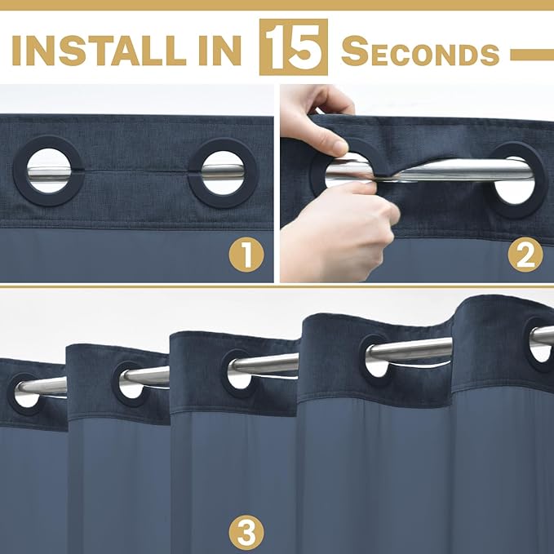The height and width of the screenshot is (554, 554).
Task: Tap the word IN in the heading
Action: point(220,51)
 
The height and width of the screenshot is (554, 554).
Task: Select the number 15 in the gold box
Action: point(293,47)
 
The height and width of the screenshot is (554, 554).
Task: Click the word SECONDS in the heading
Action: point(420,51)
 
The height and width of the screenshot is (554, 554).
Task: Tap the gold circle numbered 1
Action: point(246,255)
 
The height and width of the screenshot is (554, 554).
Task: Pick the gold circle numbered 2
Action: point(525,255)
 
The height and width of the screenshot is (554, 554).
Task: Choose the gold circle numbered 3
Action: point(246,533)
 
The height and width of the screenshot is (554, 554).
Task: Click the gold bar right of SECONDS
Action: point(532,55)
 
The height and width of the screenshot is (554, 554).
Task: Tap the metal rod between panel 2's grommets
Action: point(441,169)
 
